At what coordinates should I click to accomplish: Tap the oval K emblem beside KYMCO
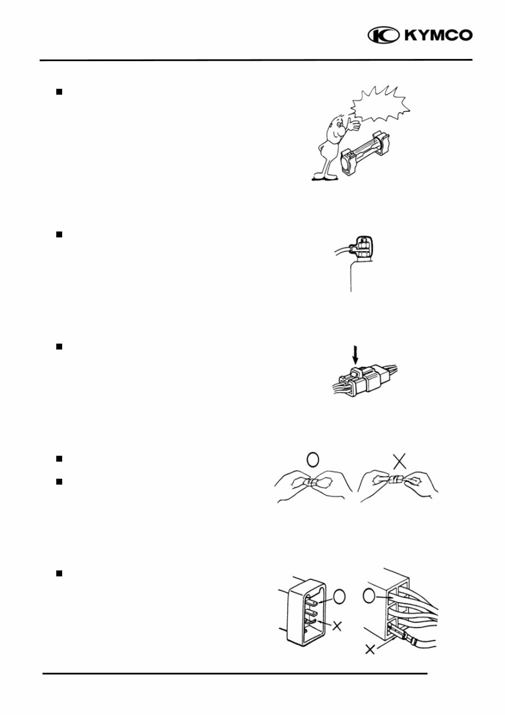(382, 36)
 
